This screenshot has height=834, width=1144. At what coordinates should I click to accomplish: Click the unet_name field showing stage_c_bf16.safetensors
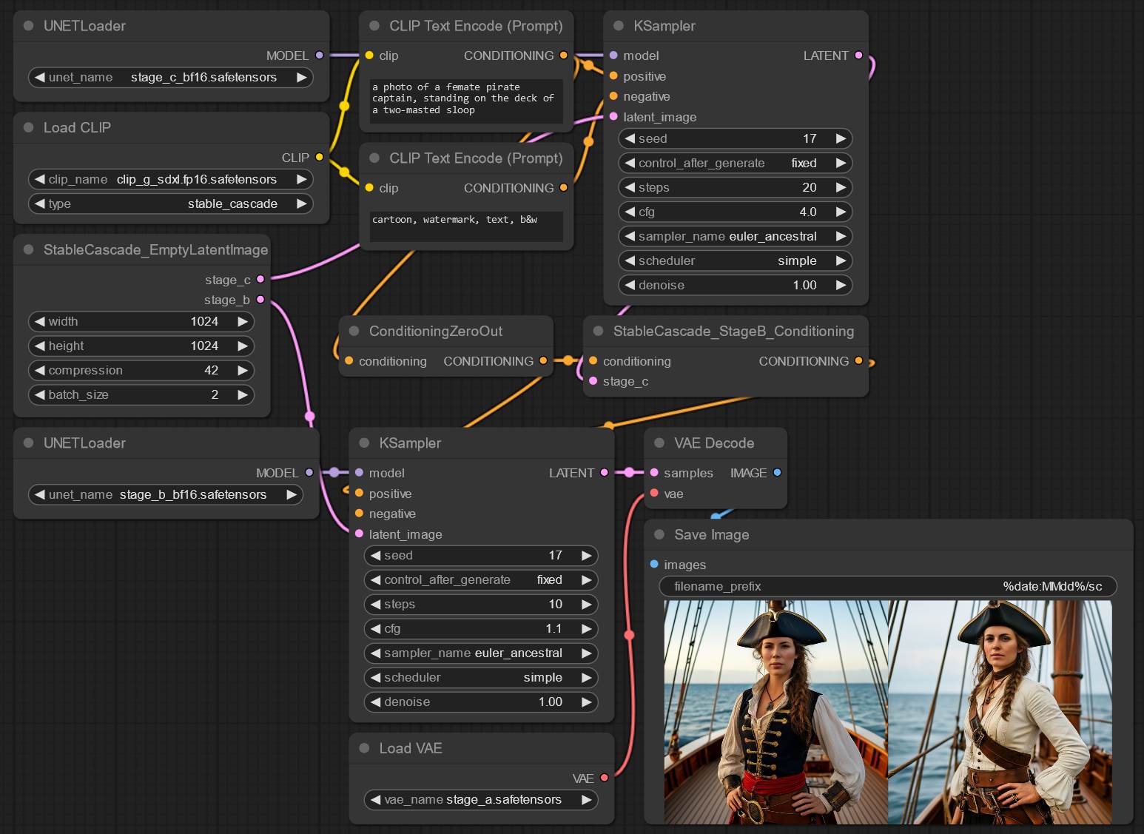tap(171, 78)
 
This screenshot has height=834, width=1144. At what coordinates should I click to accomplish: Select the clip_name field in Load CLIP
tap(171, 179)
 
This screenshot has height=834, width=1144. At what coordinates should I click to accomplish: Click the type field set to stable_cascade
tap(171, 204)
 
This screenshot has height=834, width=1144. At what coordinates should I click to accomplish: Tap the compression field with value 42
tap(141, 370)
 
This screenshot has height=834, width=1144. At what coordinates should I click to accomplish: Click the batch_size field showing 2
tap(141, 394)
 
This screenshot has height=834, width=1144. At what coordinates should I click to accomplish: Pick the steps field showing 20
tap(735, 187)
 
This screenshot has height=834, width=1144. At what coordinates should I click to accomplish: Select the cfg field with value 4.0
tap(735, 212)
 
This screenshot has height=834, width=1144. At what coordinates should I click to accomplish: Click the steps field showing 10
tap(480, 604)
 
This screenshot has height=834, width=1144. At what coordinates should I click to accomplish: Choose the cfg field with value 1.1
tap(480, 629)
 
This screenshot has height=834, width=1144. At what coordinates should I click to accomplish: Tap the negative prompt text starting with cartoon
tap(454, 220)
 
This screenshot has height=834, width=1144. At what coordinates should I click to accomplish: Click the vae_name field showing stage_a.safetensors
tap(480, 800)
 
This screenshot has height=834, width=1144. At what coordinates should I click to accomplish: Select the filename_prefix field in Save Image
tap(888, 586)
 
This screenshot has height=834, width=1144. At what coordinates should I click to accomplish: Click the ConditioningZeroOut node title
tap(436, 332)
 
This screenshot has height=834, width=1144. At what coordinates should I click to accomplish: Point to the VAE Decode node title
tap(714, 443)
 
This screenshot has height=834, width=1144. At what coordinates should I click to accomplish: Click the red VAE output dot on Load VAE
tap(604, 778)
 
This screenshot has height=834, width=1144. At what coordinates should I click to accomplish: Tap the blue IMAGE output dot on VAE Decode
tap(777, 473)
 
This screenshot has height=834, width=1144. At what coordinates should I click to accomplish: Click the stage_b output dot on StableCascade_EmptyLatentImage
tap(260, 300)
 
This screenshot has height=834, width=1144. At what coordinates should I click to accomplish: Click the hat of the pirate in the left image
tap(781, 627)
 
